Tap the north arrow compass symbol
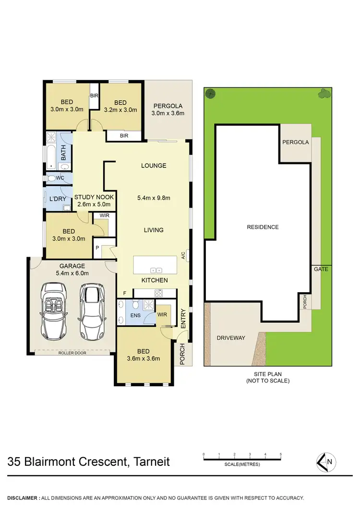tap(325, 462)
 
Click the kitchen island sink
tap(156, 270)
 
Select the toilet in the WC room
tap(52, 178)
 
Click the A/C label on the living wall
tap(183, 256)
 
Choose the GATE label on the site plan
tap(321, 269)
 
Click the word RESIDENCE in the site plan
tap(263, 227)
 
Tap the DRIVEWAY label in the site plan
tap(231, 338)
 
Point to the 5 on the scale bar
tap(280, 454)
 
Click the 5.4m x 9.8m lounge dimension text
tap(154, 197)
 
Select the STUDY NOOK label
tap(94, 197)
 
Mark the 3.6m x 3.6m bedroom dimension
tap(143, 358)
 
